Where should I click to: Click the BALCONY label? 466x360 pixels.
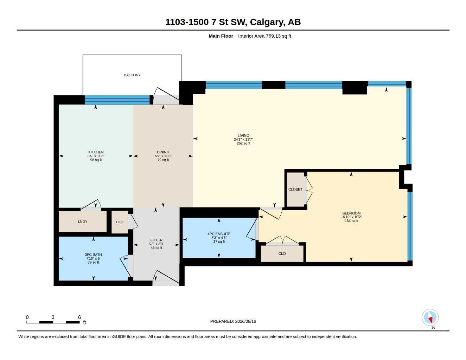click(132, 75)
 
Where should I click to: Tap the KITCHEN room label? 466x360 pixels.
click(96, 152)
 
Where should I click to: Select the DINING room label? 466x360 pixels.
click(163, 152)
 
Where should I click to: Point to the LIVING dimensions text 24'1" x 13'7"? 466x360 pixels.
click(243, 140)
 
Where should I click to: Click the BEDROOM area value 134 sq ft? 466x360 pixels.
click(351, 221)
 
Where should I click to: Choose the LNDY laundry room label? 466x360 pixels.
click(83, 221)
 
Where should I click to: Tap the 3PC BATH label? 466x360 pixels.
click(93, 255)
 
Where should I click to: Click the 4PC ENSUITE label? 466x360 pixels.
click(219, 234)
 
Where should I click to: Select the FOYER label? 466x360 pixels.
click(157, 240)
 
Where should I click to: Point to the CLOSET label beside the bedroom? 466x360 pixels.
click(295, 189)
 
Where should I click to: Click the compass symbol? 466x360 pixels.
click(430, 317)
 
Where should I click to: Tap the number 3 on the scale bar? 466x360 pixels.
click(53, 317)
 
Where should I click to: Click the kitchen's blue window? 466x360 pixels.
click(117, 100)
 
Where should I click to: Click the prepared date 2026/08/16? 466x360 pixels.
click(245, 321)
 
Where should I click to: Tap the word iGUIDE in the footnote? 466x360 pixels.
click(119, 337)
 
